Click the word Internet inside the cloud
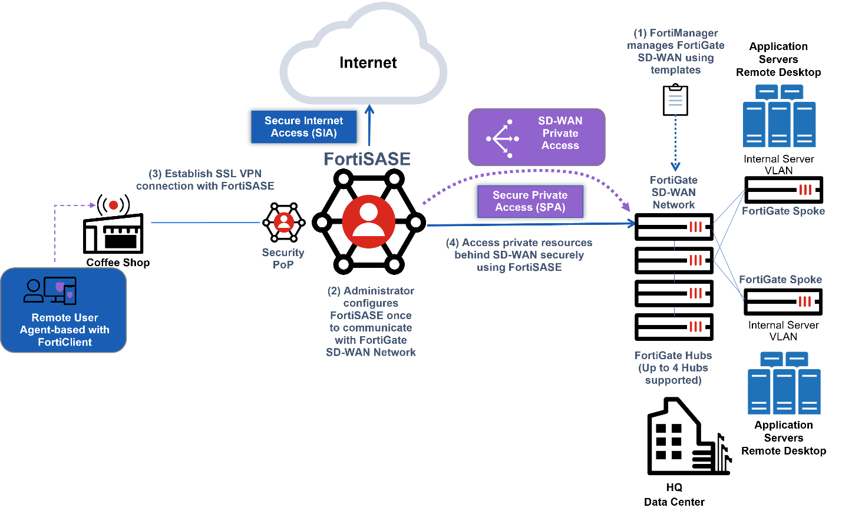[x=368, y=62]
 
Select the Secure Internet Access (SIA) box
[x=303, y=127]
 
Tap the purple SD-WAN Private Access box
[x=536, y=137]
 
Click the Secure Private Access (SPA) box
[x=530, y=201]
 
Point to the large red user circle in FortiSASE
[x=369, y=221]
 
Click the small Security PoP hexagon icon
[x=283, y=223]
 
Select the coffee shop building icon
[x=113, y=233]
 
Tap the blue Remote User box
[x=64, y=310]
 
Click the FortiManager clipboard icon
[x=675, y=100]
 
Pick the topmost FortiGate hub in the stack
[x=673, y=227]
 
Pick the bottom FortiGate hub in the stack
[x=673, y=327]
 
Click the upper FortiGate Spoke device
[x=783, y=190]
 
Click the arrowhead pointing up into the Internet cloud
[x=369, y=110]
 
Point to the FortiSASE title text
[x=367, y=159]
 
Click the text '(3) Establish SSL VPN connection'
[x=205, y=180]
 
